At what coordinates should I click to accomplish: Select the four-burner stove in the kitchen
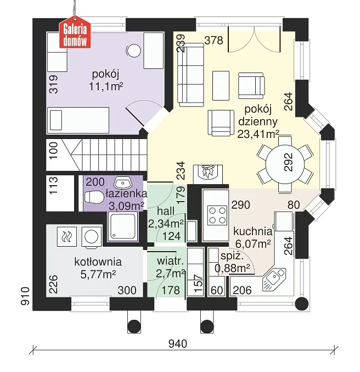click(217, 215)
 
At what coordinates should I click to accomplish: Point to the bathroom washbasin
click(122, 182)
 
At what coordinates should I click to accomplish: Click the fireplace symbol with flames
click(208, 173)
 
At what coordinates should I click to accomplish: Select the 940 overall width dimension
click(177, 343)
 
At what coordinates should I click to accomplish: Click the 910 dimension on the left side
click(25, 296)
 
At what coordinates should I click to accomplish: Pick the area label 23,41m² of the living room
click(258, 134)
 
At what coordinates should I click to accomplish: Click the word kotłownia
click(98, 262)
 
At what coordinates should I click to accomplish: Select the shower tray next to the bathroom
click(122, 226)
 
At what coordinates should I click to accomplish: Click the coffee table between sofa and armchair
click(221, 85)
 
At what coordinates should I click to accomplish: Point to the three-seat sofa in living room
click(191, 75)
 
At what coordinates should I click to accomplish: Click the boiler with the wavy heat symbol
click(66, 236)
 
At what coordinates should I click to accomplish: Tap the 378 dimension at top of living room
click(213, 40)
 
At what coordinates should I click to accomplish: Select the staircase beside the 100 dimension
click(96, 155)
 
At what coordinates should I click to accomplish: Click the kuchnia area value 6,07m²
click(253, 243)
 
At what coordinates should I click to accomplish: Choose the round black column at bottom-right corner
click(302, 303)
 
